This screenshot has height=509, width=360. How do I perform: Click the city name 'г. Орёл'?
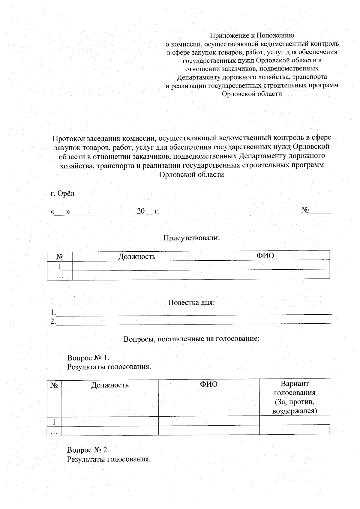(62, 193)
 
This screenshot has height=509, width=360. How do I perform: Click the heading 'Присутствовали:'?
(191, 238)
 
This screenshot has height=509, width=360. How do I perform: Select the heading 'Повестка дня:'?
(191, 302)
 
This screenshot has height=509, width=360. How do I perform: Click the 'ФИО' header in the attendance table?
(265, 256)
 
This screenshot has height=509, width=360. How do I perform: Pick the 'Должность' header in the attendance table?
(137, 256)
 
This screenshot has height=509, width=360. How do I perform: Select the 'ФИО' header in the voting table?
(209, 385)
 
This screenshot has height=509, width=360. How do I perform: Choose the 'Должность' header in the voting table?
(110, 385)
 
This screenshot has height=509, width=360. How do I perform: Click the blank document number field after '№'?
(320, 211)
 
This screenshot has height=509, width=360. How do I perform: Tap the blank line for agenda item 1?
(194, 313)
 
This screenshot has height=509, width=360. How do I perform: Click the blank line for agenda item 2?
(194, 322)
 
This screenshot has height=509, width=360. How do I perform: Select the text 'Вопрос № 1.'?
(88, 358)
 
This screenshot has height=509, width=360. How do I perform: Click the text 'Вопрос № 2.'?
(88, 450)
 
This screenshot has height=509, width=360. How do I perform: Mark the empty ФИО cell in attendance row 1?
(265, 265)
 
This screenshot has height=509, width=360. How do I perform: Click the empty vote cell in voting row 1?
(294, 421)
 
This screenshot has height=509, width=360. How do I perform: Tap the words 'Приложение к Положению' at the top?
(252, 36)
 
